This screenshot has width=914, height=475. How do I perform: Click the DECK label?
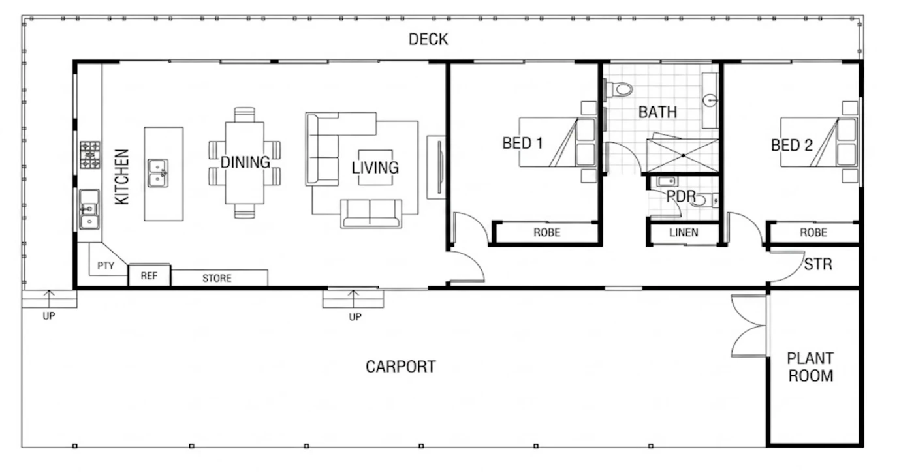click(428, 39)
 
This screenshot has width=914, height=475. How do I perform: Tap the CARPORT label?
click(400, 367)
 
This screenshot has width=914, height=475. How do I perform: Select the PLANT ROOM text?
click(810, 367)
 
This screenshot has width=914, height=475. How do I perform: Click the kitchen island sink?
click(158, 173)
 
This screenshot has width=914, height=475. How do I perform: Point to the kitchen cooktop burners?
click(90, 155)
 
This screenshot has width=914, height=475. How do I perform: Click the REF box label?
click(149, 276)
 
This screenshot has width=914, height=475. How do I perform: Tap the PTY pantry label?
click(106, 266)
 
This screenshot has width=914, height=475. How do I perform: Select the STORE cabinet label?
click(217, 278)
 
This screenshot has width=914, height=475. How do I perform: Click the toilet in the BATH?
click(619, 89)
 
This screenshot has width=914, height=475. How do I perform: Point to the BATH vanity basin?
click(710, 100)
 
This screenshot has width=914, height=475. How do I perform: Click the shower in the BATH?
click(683, 155)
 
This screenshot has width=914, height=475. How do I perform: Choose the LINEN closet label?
click(684, 232)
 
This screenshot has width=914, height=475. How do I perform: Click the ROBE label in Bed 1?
click(547, 232)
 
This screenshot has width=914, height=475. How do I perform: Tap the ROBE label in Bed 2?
click(813, 232)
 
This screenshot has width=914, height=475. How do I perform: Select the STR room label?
click(817, 264)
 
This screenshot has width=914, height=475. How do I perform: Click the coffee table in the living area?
click(375, 168)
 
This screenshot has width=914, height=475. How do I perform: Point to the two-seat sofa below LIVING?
click(371, 213)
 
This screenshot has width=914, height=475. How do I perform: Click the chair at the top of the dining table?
click(244, 115)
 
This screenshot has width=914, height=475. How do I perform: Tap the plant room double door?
click(748, 326)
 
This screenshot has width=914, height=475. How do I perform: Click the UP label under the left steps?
click(49, 316)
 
